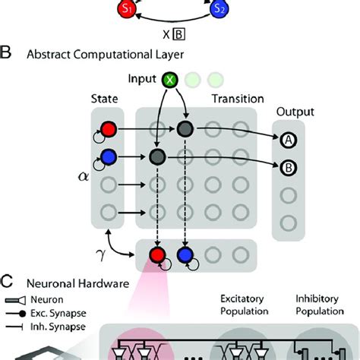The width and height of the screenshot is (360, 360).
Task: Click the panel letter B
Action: [7, 54]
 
